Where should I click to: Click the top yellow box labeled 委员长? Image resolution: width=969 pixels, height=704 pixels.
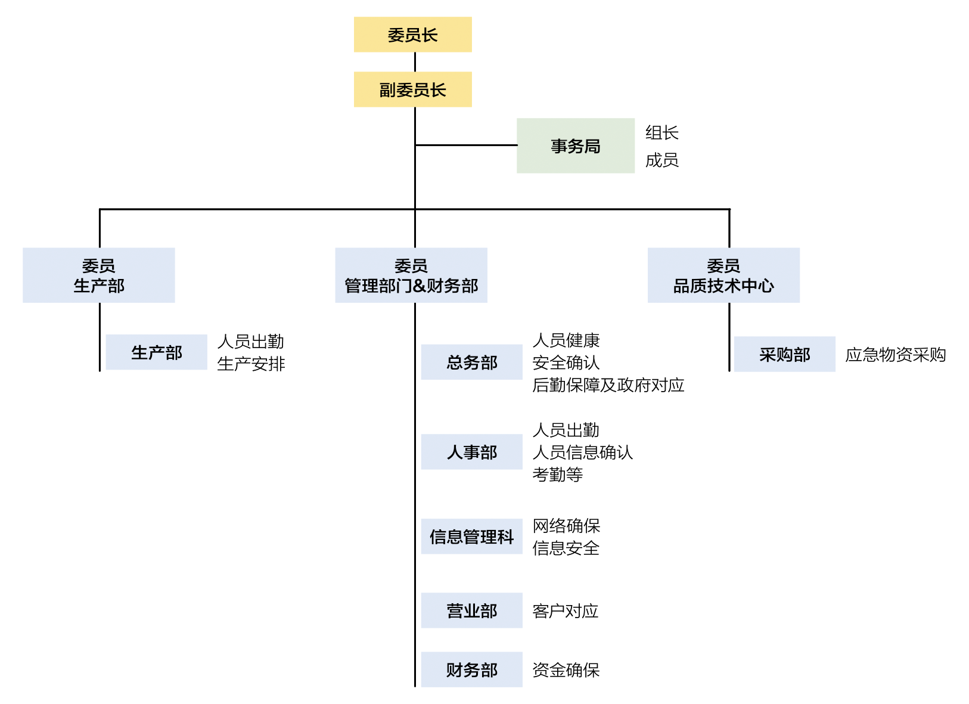412,35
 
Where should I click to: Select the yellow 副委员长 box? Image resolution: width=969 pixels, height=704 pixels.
412,89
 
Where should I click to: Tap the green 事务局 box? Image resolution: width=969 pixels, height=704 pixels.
575,146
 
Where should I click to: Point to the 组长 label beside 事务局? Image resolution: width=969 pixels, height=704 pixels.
661,132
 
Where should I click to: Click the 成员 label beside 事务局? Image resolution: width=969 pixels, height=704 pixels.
661,160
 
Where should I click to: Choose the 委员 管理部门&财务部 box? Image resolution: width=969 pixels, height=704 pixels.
411,275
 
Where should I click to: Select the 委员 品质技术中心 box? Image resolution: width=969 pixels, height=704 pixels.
723,275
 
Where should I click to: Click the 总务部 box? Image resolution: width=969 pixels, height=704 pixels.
471,362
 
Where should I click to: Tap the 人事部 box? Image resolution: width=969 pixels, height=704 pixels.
471,452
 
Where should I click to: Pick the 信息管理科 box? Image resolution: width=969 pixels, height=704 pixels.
471,536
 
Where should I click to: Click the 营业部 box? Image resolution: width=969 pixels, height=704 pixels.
471,610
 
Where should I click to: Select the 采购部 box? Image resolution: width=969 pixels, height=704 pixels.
784,355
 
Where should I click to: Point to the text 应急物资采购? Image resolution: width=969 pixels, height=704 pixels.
895,355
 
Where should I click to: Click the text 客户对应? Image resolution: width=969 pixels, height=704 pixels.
565,611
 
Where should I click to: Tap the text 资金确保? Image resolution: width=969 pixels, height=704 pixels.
566,670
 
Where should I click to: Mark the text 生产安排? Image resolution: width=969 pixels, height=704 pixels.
251,364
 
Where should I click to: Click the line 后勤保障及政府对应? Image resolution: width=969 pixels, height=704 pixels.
608,385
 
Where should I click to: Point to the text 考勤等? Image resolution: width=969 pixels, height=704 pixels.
557,474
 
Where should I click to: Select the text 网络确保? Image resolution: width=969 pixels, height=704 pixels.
566,526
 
